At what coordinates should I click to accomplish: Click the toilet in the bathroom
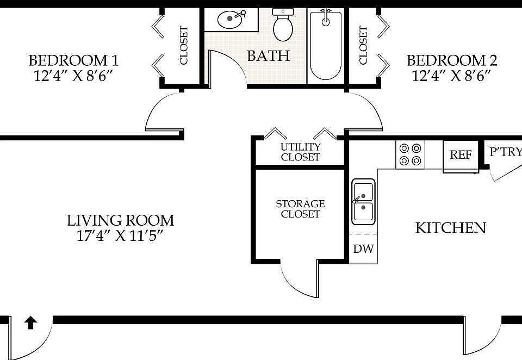point(283,24)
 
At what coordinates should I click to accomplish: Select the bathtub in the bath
point(326,46)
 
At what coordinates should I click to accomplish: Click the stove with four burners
point(410,154)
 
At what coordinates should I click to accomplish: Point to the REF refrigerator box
point(461,155)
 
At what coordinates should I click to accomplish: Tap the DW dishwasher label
point(363,249)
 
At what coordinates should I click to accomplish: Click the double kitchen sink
point(364,201)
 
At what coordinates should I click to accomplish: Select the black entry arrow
point(30,323)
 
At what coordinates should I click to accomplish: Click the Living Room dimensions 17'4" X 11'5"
point(120,236)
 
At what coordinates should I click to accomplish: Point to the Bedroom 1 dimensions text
point(72,76)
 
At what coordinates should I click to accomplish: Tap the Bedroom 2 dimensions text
point(451,76)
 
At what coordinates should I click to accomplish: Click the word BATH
point(268,55)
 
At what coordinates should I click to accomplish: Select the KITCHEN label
point(451,228)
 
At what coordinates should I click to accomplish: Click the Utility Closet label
point(300,152)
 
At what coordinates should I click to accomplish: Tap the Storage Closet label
point(300,209)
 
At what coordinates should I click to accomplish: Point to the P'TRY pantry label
point(505,152)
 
